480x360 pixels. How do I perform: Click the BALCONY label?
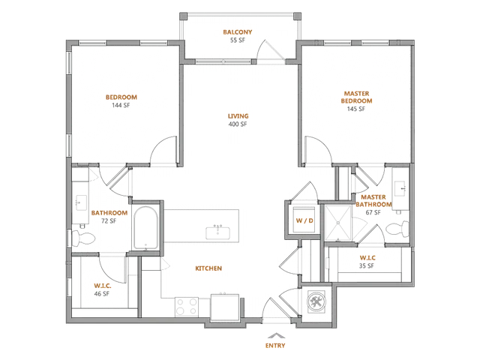pyautogui.click(x=238, y=31)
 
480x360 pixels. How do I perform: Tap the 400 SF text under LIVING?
pyautogui.click(x=238, y=124)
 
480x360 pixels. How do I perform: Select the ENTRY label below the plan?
pyautogui.click(x=275, y=346)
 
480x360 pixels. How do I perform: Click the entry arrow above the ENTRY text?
pyautogui.click(x=277, y=335)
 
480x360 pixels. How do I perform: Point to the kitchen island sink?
pyautogui.click(x=218, y=232)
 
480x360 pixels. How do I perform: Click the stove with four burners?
pyautogui.click(x=187, y=307)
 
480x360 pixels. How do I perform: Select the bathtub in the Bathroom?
pyautogui.click(x=146, y=228)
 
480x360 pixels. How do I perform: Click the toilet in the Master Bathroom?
pyautogui.click(x=397, y=229)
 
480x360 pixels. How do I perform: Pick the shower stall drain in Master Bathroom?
pyautogui.click(x=338, y=223)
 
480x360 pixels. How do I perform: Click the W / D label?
pyautogui.click(x=304, y=220)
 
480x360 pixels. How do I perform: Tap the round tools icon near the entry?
pyautogui.click(x=316, y=302)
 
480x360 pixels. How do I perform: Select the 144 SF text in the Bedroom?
pyautogui.click(x=121, y=105)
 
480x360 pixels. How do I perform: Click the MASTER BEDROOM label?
pyautogui.click(x=357, y=97)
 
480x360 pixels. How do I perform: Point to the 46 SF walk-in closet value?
pyautogui.click(x=102, y=294)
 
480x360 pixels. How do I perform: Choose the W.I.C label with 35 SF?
pyautogui.click(x=367, y=258)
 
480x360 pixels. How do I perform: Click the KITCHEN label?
pyautogui.click(x=208, y=268)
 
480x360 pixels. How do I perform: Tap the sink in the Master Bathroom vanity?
pyautogui.click(x=400, y=188)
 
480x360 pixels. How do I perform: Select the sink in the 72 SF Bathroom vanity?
pyautogui.click(x=81, y=202)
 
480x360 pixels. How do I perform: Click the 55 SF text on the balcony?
pyautogui.click(x=238, y=40)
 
